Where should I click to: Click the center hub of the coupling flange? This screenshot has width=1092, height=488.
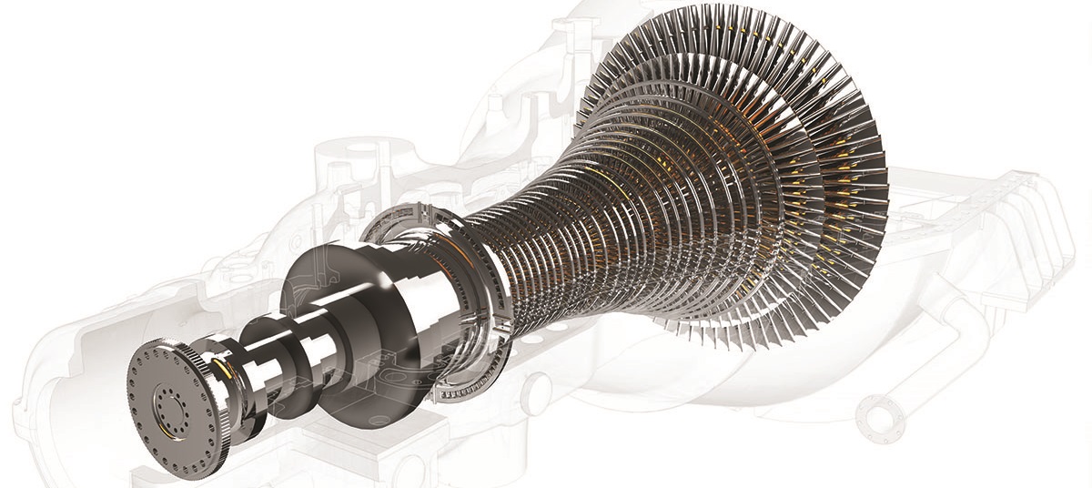coord(168,401)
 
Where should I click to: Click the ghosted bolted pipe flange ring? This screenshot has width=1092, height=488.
coord(881,419)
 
